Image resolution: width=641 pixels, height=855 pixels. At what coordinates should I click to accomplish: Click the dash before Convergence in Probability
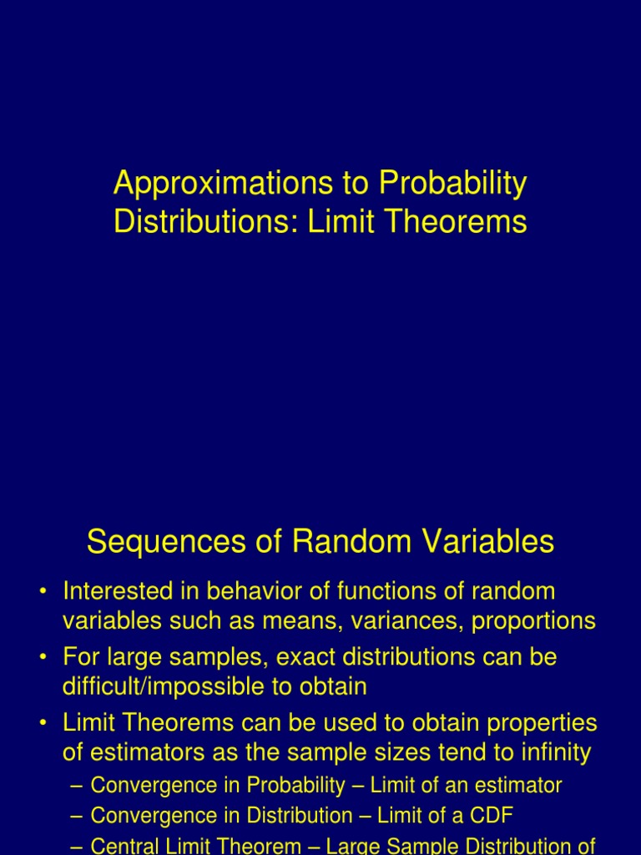coord(77,786)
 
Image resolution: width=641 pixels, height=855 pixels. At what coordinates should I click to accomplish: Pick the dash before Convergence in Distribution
coord(77,816)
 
